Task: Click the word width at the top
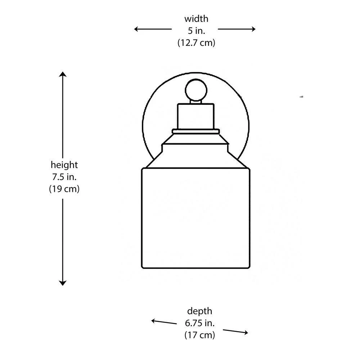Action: click(x=196, y=19)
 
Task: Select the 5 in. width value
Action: click(x=196, y=31)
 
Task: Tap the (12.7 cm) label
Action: click(x=196, y=43)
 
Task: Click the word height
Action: click(x=64, y=165)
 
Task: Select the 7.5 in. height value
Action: click(x=64, y=177)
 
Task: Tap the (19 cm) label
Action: click(x=64, y=189)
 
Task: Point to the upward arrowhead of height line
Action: click(x=63, y=75)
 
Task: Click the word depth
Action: click(x=199, y=311)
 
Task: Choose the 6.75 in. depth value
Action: click(x=199, y=323)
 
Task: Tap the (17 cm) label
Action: click(x=199, y=335)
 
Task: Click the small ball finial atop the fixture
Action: click(x=196, y=90)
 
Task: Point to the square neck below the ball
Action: click(x=196, y=116)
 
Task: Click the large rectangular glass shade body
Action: click(x=195, y=218)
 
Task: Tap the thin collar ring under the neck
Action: click(x=196, y=132)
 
